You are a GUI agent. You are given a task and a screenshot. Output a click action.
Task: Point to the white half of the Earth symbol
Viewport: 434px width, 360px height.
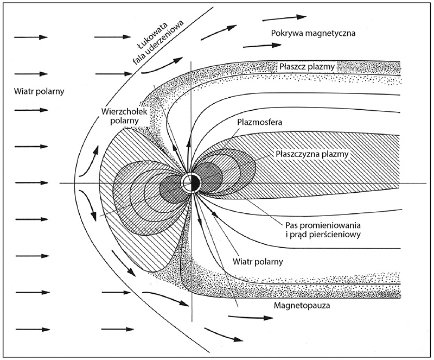pyautogui.click(x=188, y=182)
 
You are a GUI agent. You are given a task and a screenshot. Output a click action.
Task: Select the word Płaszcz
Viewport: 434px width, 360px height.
pyautogui.click(x=293, y=67)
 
